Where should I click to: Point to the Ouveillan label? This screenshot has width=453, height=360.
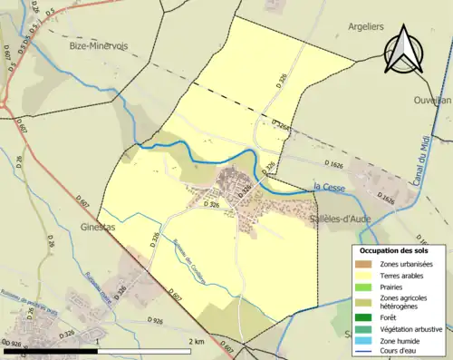coord(431,100)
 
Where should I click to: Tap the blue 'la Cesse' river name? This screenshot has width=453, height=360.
coord(330,187)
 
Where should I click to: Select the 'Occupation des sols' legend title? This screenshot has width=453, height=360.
coord(395,250)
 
